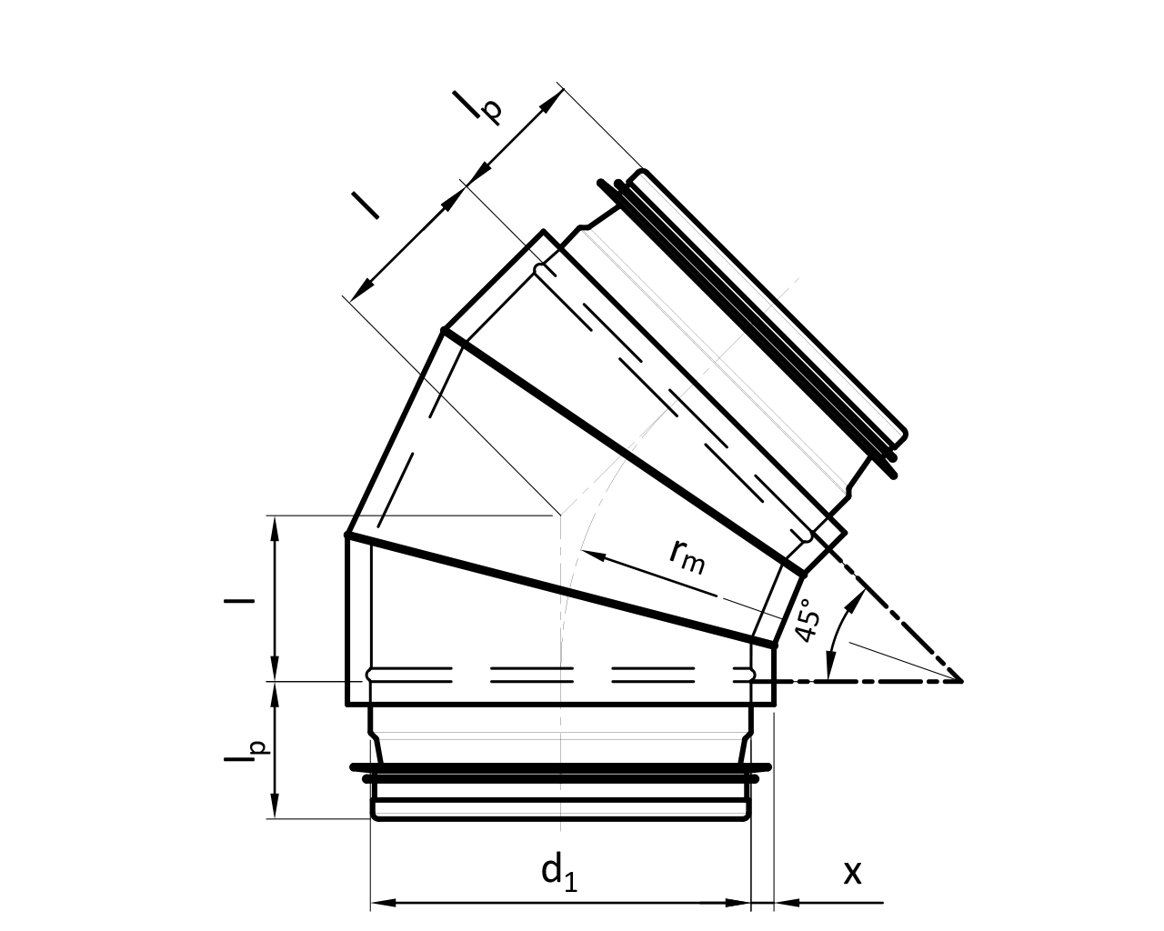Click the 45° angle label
pos(809,620)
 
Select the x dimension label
pos(852,873)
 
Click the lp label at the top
pos(477,106)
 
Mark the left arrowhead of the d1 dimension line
pos(383,903)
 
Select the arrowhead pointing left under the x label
pos(787,902)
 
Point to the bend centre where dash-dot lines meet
pos(961,682)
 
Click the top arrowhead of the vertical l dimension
pos(276,528)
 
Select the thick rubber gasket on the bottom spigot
pos(561,773)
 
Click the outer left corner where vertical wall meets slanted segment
pos(346,535)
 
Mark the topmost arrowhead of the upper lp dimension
pos(553,101)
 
